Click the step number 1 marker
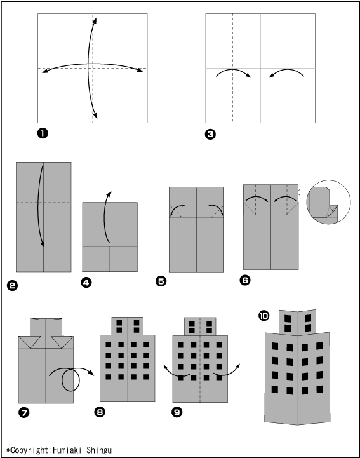pyautogui.click(x=43, y=133)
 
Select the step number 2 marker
pyautogui.click(x=12, y=285)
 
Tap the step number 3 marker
pyautogui.click(x=210, y=135)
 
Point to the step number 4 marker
pyautogui.click(x=87, y=283)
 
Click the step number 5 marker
pyautogui.click(x=161, y=281)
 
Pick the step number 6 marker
pyautogui.click(x=245, y=280)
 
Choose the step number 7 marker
pyautogui.click(x=24, y=412)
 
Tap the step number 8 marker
pyautogui.click(x=100, y=412)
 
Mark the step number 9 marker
pyautogui.click(x=177, y=412)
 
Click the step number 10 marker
pyautogui.click(x=264, y=316)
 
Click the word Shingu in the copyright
pyautogui.click(x=99, y=450)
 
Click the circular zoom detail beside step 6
pyautogui.click(x=328, y=202)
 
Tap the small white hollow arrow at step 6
pyautogui.click(x=301, y=192)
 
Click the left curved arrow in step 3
pyautogui.click(x=233, y=69)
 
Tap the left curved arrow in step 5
pyautogui.click(x=175, y=208)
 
